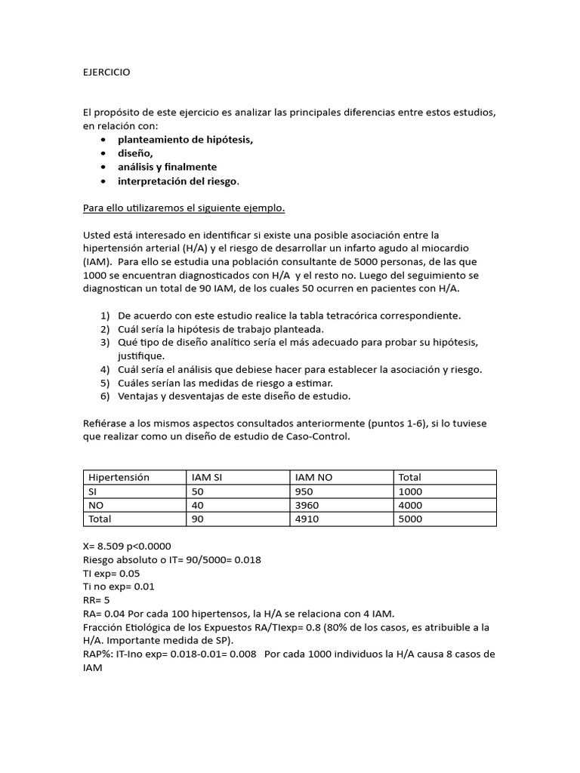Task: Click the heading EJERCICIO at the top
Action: coord(106,72)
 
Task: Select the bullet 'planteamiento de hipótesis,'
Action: coord(185,140)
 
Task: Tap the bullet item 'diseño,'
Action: coord(136,153)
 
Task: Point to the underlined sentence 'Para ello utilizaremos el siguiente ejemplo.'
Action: coord(184,208)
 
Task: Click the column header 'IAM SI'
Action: coord(208,477)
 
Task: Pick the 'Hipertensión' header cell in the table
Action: coord(119,477)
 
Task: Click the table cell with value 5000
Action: coord(411,519)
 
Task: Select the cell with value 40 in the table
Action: coord(199,505)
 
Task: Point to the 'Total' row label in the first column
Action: coord(100,519)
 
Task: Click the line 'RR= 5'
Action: coord(97,600)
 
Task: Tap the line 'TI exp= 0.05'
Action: coord(111,573)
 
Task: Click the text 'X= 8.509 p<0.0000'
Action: coord(127,546)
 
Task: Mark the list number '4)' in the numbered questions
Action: coord(105,369)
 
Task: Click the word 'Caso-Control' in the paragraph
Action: coord(319,437)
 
